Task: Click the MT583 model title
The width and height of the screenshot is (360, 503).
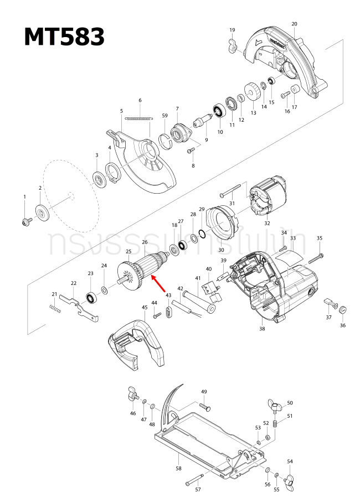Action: [x=64, y=37]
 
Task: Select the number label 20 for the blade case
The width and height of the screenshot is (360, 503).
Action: [x=294, y=24]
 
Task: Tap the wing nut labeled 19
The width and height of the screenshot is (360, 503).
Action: [x=233, y=43]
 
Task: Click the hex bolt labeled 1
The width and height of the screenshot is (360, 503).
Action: [x=25, y=221]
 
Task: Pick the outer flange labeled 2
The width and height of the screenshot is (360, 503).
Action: [x=42, y=212]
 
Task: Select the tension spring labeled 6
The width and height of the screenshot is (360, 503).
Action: [x=138, y=117]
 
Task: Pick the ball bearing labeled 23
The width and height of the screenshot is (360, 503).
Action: [x=90, y=298]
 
